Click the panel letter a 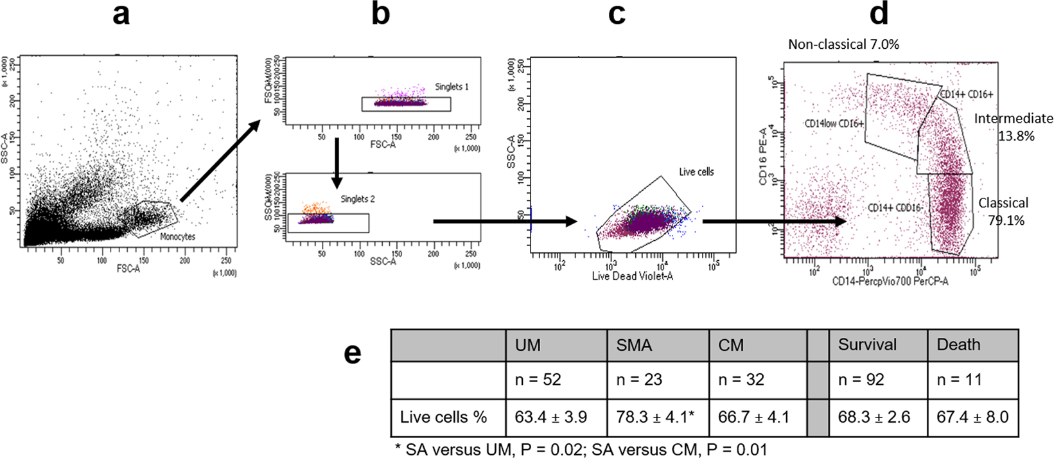pyautogui.click(x=121, y=14)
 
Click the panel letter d pyautogui.click(x=879, y=14)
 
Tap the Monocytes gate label pyautogui.click(x=177, y=236)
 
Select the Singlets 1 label pyautogui.click(x=452, y=87)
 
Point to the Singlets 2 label pyautogui.click(x=358, y=199)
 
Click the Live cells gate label pyautogui.click(x=696, y=172)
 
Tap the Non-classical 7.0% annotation pyautogui.click(x=843, y=44)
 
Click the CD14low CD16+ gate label pyautogui.click(x=834, y=123)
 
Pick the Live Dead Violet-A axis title pyautogui.click(x=632, y=276)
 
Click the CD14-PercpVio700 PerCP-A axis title pyautogui.click(x=890, y=281)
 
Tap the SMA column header pyautogui.click(x=634, y=345)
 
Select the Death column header pyautogui.click(x=958, y=345)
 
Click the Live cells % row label pyautogui.click(x=443, y=417)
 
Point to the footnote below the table pyautogui.click(x=581, y=449)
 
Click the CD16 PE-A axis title pyautogui.click(x=764, y=155)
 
